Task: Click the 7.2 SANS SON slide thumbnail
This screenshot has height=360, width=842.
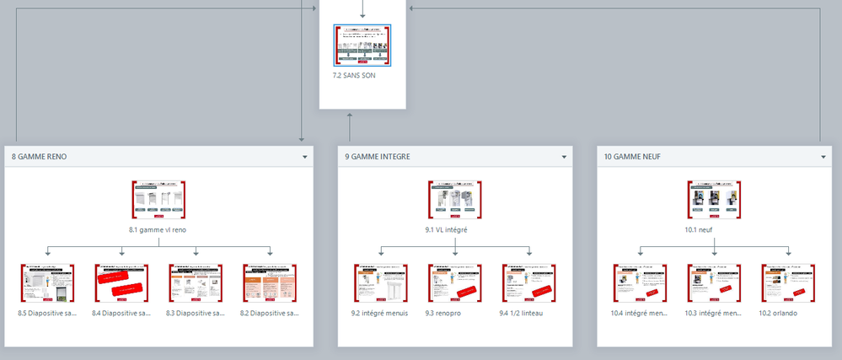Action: tap(362, 46)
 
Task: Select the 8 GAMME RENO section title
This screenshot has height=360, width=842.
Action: tap(40, 157)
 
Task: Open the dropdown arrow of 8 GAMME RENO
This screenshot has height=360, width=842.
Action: tap(304, 157)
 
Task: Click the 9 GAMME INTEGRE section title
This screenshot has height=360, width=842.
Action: tap(378, 157)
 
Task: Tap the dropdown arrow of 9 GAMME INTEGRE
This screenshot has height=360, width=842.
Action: tap(564, 157)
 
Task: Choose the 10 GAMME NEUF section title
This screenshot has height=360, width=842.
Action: tap(633, 157)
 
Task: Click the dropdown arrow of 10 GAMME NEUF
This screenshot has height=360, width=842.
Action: tap(823, 157)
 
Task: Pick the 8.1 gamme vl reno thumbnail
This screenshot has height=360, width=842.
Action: tap(159, 200)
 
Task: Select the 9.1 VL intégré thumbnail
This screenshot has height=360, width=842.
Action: tap(455, 200)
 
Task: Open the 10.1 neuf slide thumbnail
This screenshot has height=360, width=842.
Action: tap(714, 200)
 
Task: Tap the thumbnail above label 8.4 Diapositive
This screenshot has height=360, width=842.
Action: tap(121, 283)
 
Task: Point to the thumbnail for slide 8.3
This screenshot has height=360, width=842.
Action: tap(196, 283)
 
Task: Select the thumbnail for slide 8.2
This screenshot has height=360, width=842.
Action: tap(270, 283)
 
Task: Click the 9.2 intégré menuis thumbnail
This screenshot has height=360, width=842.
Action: tap(380, 283)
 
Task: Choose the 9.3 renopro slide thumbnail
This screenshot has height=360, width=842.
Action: tap(454, 283)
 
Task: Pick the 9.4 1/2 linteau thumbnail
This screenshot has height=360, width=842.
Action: tap(528, 283)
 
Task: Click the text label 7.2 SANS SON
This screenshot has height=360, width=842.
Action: tap(354, 75)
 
